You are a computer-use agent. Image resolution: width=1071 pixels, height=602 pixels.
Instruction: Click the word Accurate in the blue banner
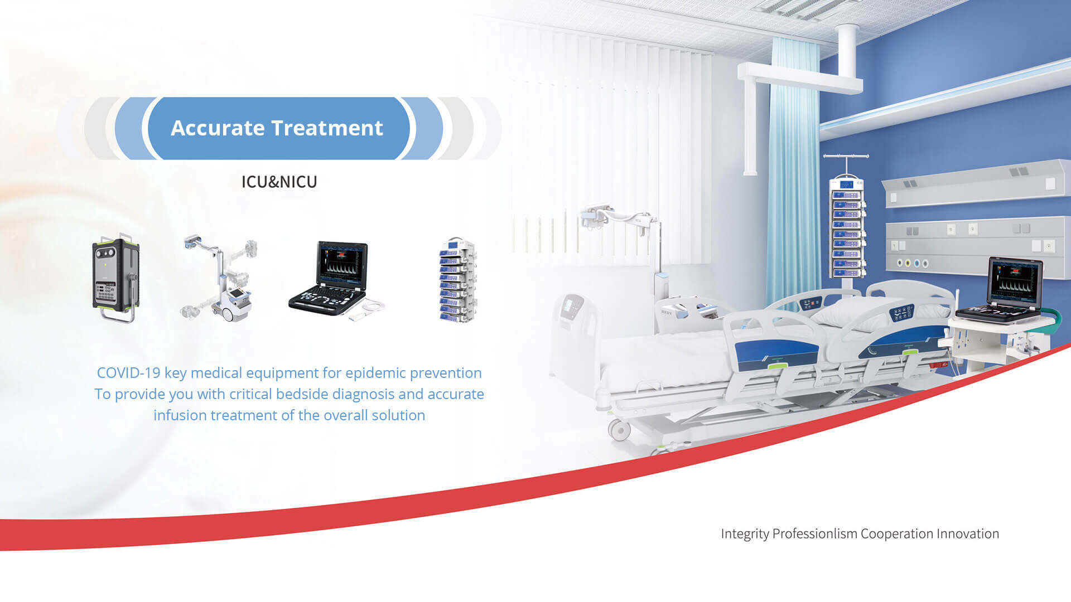point(218,128)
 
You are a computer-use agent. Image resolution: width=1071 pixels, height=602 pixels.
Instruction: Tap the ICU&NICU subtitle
point(279,182)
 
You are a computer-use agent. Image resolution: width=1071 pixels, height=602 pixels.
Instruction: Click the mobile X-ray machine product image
point(220,279)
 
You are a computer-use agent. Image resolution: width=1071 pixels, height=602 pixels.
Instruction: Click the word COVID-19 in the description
point(129,373)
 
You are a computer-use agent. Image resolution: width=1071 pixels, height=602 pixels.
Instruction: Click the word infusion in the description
point(180,415)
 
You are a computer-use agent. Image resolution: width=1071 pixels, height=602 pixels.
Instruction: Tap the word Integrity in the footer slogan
point(745,534)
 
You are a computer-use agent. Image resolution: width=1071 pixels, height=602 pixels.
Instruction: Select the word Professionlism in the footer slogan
point(815,534)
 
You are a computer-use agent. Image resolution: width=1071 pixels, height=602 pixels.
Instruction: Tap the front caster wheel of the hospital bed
point(619,430)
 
